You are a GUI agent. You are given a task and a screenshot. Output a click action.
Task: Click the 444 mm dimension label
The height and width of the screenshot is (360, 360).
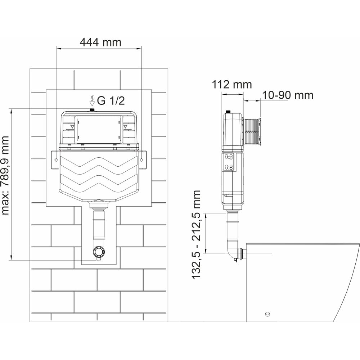[100, 42]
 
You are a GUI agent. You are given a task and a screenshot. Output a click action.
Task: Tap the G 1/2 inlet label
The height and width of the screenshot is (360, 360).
[111, 101]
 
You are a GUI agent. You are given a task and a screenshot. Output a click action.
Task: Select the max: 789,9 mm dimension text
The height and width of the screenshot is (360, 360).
[5, 176]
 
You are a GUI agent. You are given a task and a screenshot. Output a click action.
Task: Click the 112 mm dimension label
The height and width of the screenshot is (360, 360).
[231, 85]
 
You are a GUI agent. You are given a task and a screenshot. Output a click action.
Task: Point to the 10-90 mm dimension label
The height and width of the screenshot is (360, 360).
[288, 95]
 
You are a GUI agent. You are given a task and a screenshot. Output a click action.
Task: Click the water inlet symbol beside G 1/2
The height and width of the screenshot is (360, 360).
[92, 101]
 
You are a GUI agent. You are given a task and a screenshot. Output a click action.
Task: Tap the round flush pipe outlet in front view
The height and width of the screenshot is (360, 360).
[99, 252]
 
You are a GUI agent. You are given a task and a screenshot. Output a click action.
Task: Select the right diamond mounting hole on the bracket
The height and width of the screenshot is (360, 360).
[141, 159]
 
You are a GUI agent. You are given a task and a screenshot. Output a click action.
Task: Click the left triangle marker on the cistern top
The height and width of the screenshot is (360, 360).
[72, 126]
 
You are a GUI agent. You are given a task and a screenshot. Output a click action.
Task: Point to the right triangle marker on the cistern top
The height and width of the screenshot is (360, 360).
[125, 126]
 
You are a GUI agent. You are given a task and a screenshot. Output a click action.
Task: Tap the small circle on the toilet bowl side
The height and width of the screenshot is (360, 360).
[267, 314]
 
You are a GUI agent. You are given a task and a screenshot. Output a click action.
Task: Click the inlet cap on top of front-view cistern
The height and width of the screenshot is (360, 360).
[92, 110]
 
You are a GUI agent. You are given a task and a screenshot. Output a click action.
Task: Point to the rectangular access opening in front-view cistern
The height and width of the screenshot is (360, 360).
[99, 130]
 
